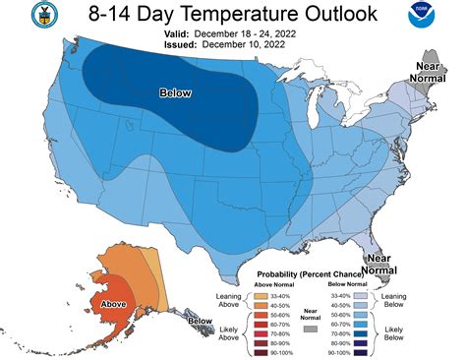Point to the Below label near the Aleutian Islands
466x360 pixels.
point(200,322)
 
